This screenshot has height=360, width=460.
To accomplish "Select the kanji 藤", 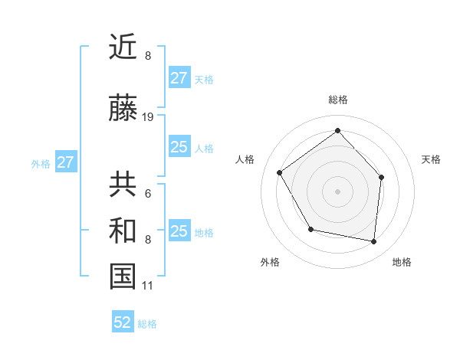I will click(123, 110).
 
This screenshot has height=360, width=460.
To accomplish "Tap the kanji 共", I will click(123, 185).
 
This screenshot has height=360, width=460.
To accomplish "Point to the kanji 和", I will click(123, 231).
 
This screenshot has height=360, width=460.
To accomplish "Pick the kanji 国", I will click(123, 277).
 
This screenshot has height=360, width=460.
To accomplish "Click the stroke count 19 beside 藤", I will click(148, 117).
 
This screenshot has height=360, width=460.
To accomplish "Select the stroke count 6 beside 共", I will click(147, 193).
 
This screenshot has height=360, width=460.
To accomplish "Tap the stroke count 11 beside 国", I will click(147, 286).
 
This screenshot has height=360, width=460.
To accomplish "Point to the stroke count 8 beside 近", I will click(147, 56).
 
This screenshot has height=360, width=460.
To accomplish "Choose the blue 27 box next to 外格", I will click(65, 162).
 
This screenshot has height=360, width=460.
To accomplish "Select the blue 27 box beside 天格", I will click(179, 78).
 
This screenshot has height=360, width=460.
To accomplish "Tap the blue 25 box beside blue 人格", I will click(179, 147).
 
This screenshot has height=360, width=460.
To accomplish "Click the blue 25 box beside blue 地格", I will click(179, 231).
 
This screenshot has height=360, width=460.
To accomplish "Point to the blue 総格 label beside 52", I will click(147, 324).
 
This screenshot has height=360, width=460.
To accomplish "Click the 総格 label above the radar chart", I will click(337, 100).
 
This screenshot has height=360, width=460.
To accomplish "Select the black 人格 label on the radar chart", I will click(245, 159).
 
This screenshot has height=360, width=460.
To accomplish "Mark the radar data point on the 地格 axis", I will click(374, 241).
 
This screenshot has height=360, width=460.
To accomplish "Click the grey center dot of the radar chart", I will click(337, 191).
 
